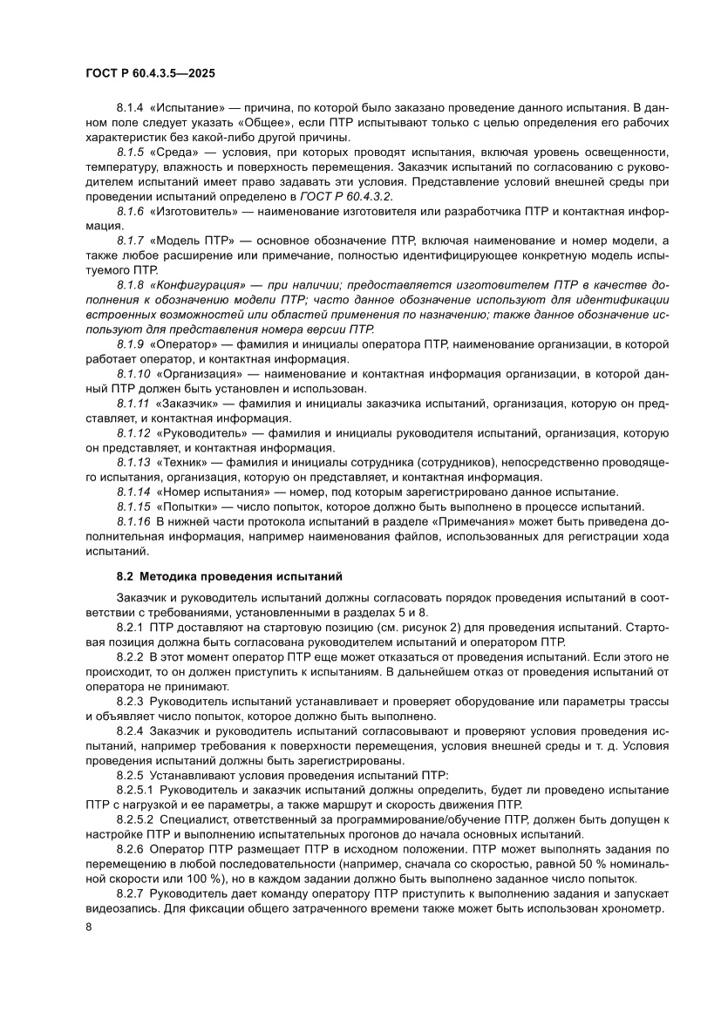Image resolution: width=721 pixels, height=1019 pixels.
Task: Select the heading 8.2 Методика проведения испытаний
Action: (x=230, y=576)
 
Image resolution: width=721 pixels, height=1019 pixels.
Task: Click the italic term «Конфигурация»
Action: (x=197, y=285)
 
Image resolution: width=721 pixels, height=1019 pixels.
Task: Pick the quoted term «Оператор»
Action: (x=180, y=345)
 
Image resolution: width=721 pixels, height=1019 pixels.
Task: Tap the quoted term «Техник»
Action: (x=178, y=462)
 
